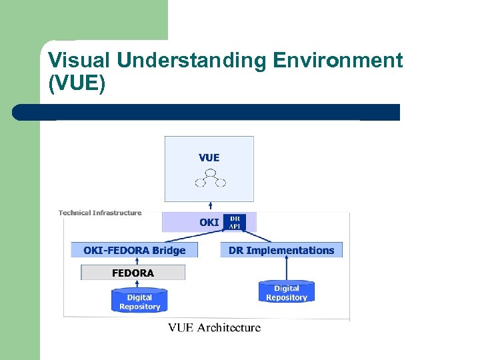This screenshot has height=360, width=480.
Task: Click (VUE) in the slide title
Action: [77, 85]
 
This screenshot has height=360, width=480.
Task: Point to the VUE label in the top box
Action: [209, 158]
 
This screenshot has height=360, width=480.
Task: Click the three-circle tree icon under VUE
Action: [210, 178]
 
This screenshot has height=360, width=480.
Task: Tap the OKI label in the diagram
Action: [209, 223]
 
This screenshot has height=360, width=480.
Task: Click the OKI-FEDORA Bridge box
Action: [135, 251]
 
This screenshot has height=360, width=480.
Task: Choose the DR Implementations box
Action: [281, 251]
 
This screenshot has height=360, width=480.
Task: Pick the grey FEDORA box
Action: [133, 273]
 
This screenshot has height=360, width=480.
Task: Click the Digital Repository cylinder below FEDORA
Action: [139, 301]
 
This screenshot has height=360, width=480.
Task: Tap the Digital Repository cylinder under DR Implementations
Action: [286, 292]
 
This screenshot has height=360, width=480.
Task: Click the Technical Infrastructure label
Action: [100, 213]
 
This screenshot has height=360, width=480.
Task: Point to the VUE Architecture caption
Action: [214, 327]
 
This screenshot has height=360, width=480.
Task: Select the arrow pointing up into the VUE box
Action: [210, 207]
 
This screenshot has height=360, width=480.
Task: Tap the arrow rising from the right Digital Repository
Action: [286, 269]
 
